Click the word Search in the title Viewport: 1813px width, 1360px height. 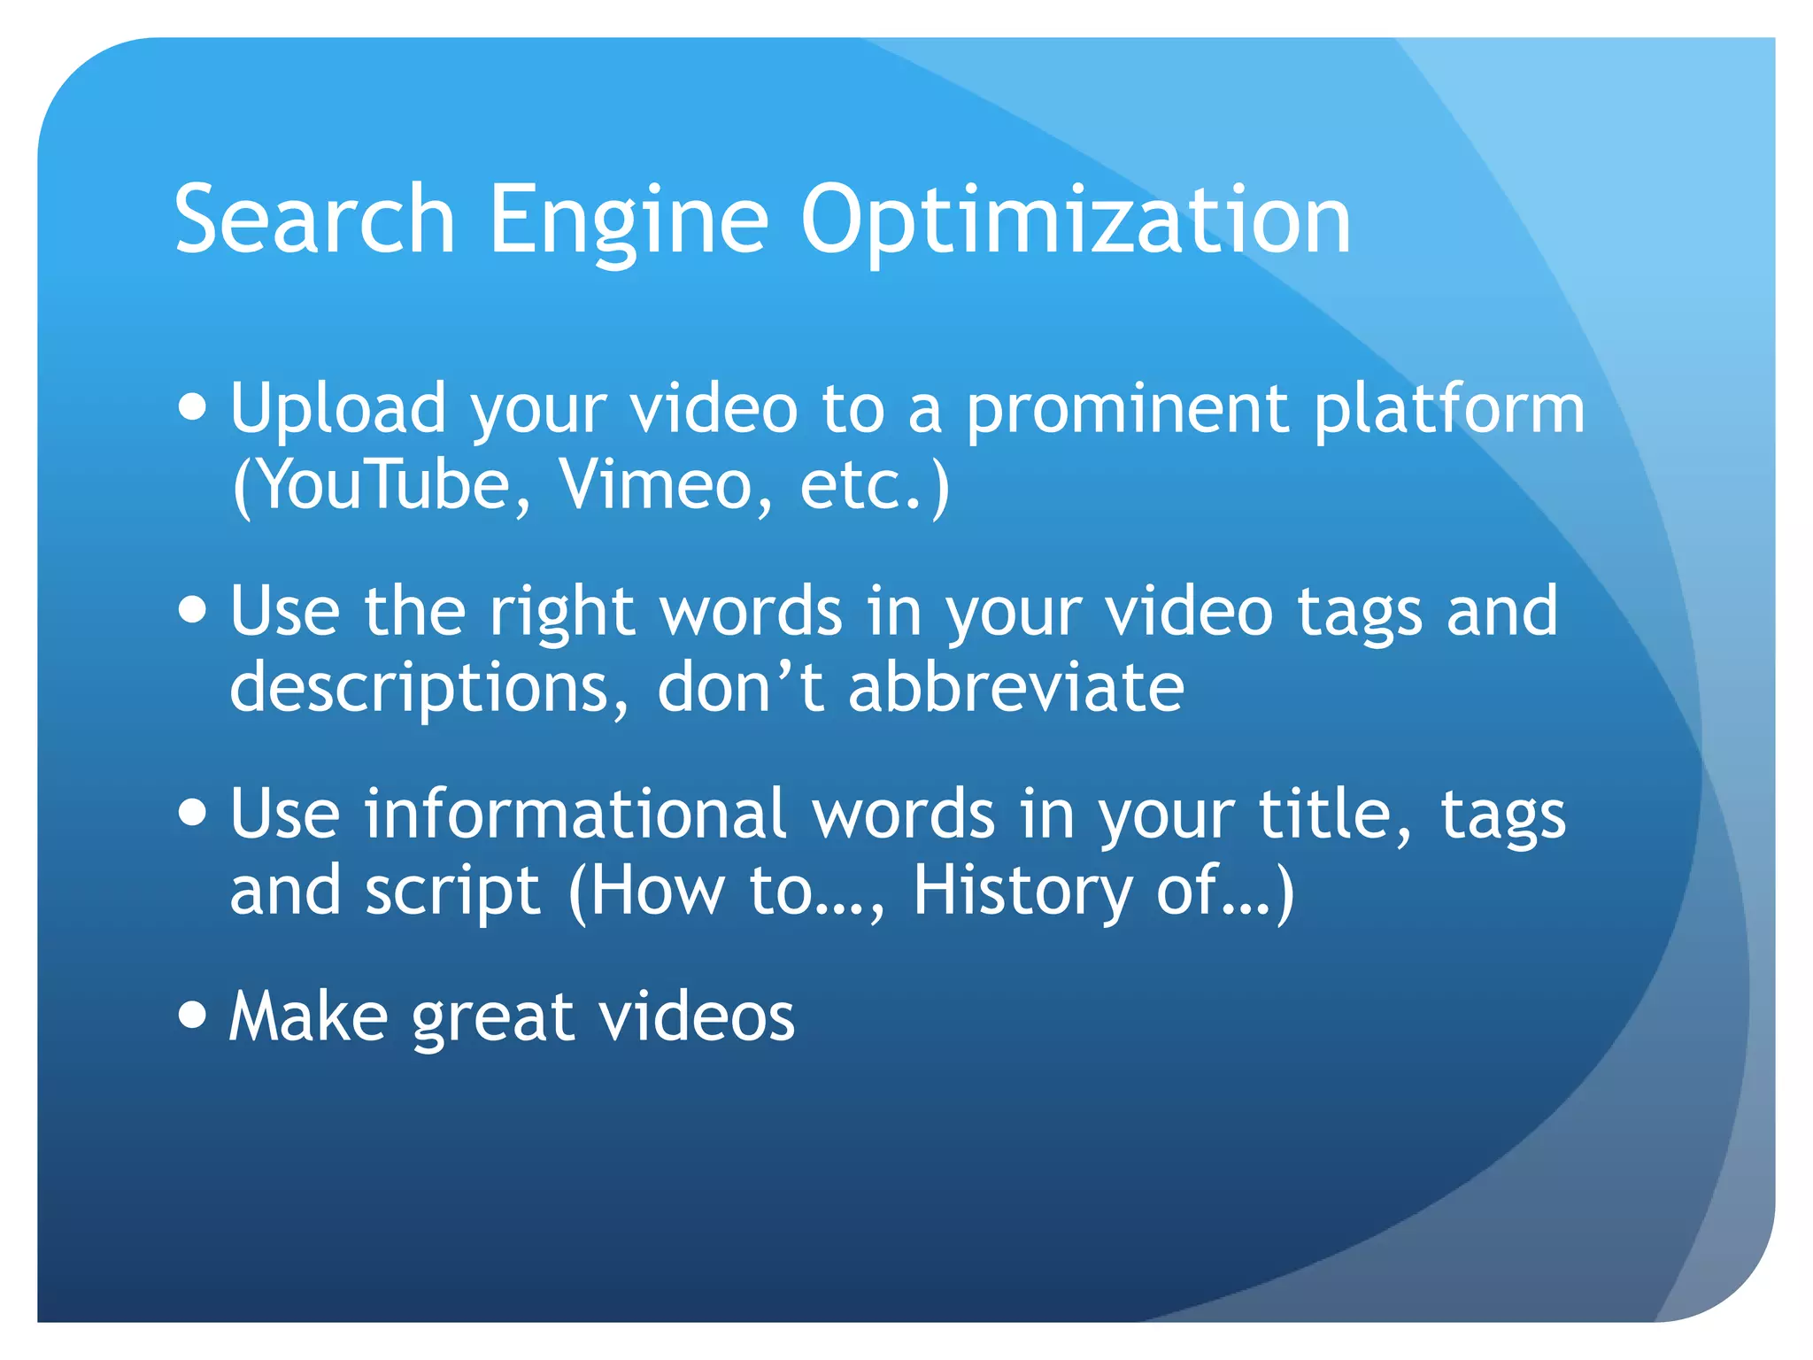click(x=314, y=219)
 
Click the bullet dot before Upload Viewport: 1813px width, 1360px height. click(x=192, y=408)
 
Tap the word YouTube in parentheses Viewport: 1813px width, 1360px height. click(x=382, y=485)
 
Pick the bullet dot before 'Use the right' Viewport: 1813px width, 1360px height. click(x=192, y=610)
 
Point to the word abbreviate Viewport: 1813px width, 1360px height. click(x=1015, y=687)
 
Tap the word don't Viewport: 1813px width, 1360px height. click(x=740, y=687)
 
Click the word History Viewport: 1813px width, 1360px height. click(x=1022, y=891)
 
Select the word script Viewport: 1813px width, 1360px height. click(x=452, y=891)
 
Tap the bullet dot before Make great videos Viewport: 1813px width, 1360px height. click(x=192, y=1014)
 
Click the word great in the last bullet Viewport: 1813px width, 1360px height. click(x=494, y=1017)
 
